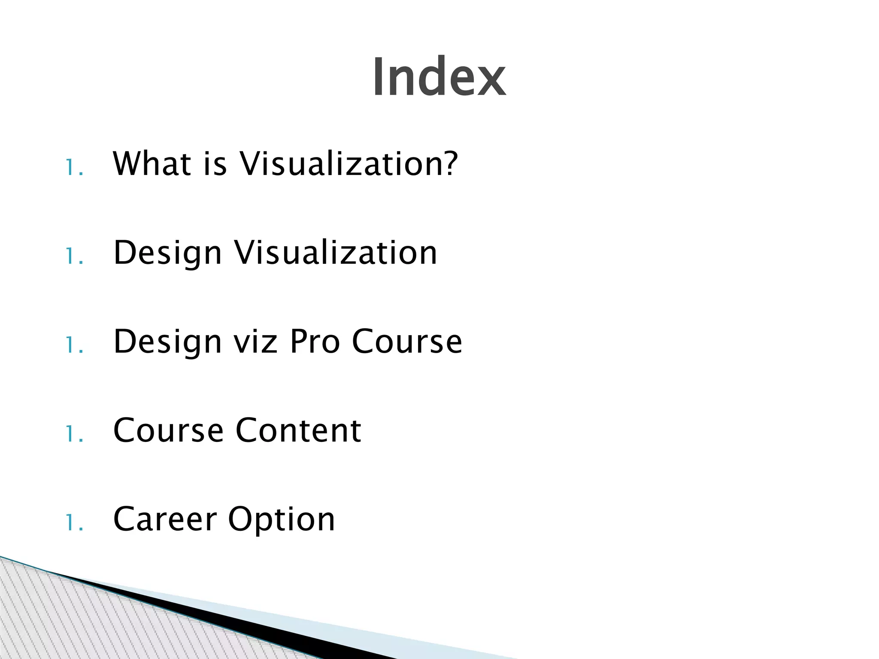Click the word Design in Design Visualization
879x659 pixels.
pyautogui.click(x=167, y=253)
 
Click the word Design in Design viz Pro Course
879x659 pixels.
pyautogui.click(x=167, y=342)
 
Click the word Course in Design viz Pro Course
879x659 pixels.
pyautogui.click(x=407, y=342)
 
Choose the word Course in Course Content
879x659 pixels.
pyautogui.click(x=168, y=430)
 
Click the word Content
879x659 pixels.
pyautogui.click(x=298, y=430)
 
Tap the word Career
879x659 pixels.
pyautogui.click(x=165, y=519)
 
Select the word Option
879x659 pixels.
pyautogui.click(x=281, y=520)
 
